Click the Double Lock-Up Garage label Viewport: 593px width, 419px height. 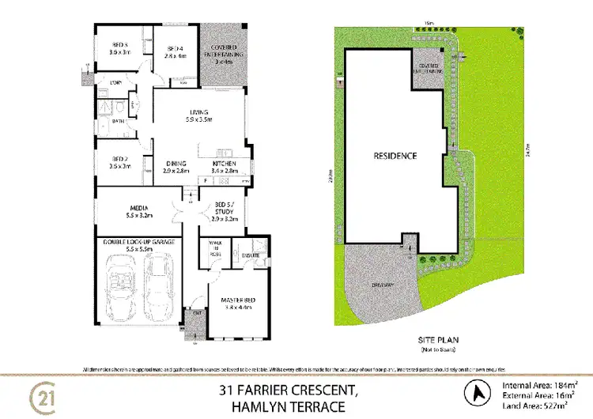pyautogui.click(x=138, y=244)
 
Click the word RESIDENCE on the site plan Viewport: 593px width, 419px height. pyautogui.click(x=395, y=156)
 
